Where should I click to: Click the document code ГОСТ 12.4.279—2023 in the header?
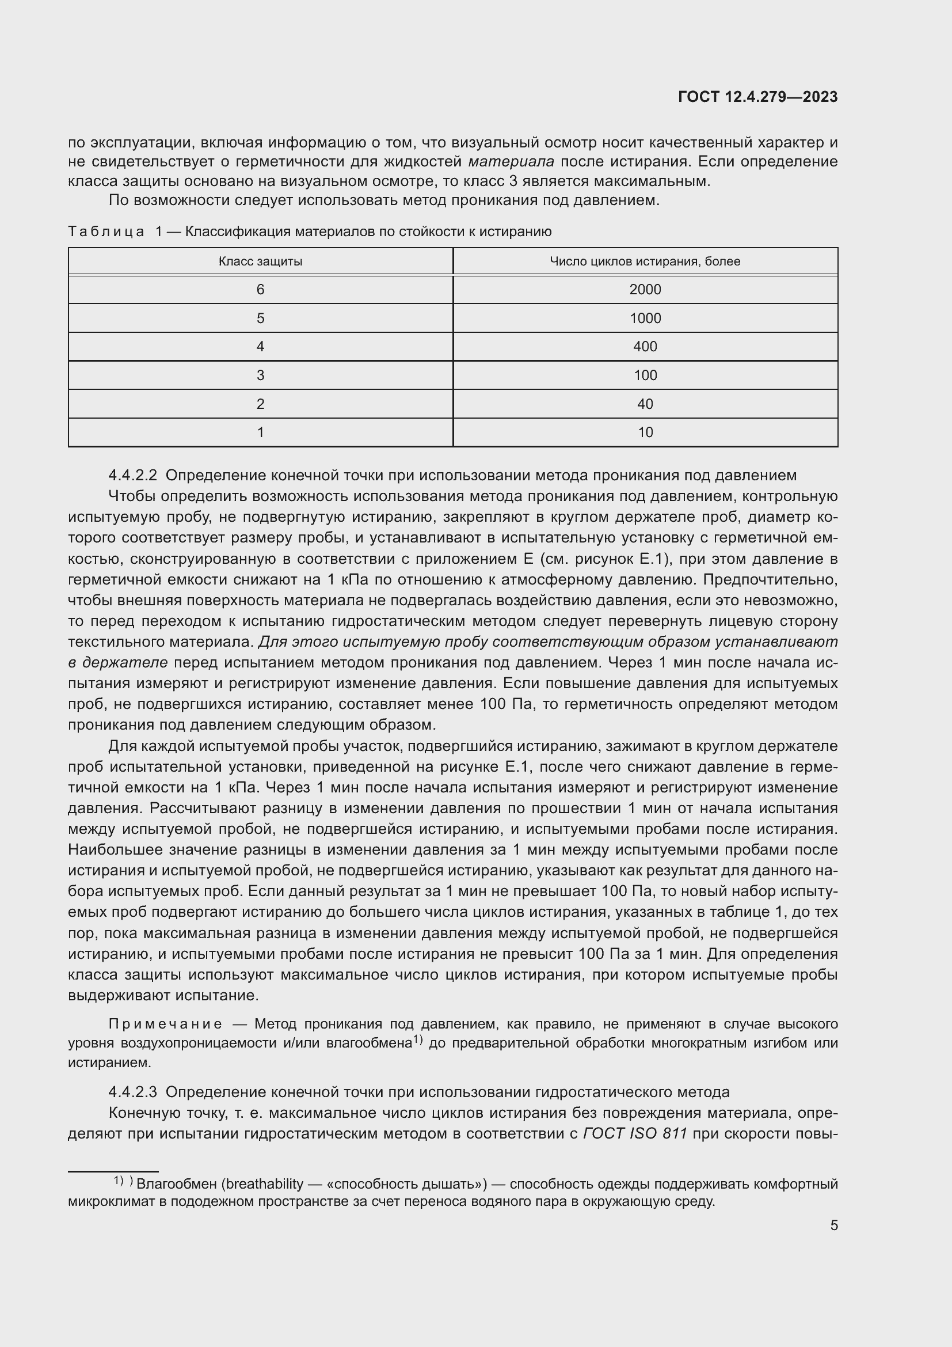click(x=757, y=97)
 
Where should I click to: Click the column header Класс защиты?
click(x=260, y=261)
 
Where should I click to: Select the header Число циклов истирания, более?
click(x=645, y=261)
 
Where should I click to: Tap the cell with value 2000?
click(x=645, y=289)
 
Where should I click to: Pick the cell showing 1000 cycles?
click(x=645, y=318)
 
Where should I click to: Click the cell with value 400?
click(x=645, y=346)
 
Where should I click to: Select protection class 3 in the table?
click(x=260, y=375)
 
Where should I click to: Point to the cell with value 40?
click(x=645, y=404)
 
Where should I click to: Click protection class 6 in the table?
click(x=260, y=289)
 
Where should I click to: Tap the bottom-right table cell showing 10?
click(x=645, y=432)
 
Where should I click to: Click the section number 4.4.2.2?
click(x=132, y=475)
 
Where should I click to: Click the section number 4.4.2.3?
click(x=132, y=1092)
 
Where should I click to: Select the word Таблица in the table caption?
click(x=106, y=232)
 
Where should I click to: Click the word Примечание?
click(x=165, y=1025)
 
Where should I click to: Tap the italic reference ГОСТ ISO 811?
click(x=635, y=1133)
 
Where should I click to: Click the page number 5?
click(x=833, y=1225)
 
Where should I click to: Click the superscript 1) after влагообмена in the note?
click(x=417, y=1040)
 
